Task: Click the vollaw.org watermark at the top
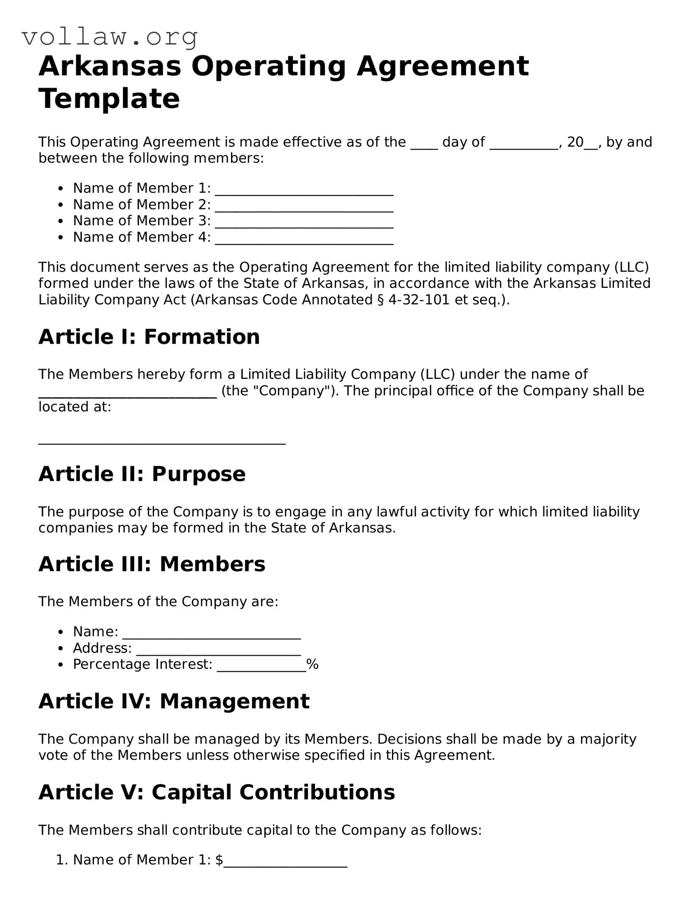point(110,37)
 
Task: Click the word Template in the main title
point(109,98)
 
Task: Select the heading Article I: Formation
point(149,337)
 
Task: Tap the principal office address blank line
point(162,441)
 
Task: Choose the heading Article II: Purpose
point(142,474)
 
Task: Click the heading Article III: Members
point(152,564)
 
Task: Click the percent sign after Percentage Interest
point(312,664)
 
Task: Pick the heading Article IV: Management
point(174,701)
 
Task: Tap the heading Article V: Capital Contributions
point(217,792)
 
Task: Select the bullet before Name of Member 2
point(60,205)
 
